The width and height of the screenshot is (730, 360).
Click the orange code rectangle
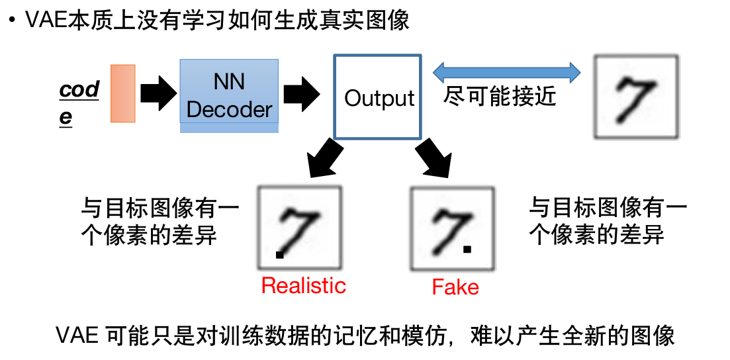[x=123, y=93]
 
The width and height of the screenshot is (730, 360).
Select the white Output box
[x=377, y=97]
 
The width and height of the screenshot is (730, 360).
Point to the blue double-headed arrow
[x=506, y=71]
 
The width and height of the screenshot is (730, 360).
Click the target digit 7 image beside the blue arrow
[x=636, y=97]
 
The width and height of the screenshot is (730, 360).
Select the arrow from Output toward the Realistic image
[x=324, y=158]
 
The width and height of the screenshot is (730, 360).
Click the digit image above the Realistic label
[x=300, y=228]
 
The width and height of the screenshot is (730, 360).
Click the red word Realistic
[x=303, y=285]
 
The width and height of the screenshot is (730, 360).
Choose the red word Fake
[x=455, y=287]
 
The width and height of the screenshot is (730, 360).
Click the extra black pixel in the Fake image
[x=467, y=249]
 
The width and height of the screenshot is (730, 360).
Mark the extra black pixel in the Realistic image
[x=280, y=254]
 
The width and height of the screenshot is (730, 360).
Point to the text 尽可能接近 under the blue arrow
[x=500, y=97]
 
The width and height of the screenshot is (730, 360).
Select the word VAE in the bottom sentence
[x=77, y=336]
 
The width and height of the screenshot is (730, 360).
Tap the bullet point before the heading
[x=11, y=21]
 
